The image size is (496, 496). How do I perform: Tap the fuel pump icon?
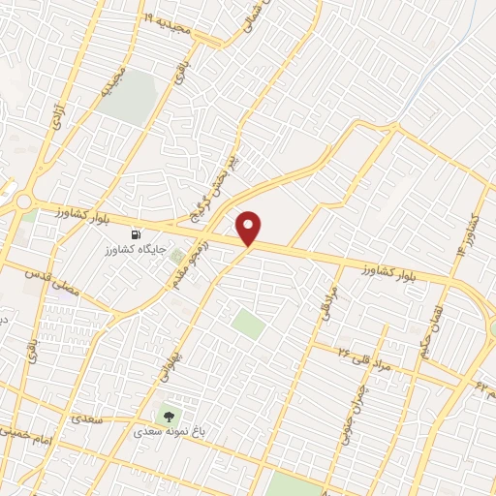(136, 233)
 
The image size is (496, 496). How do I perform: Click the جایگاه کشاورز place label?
(136, 249)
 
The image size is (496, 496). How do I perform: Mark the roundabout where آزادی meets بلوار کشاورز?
(20, 201)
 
